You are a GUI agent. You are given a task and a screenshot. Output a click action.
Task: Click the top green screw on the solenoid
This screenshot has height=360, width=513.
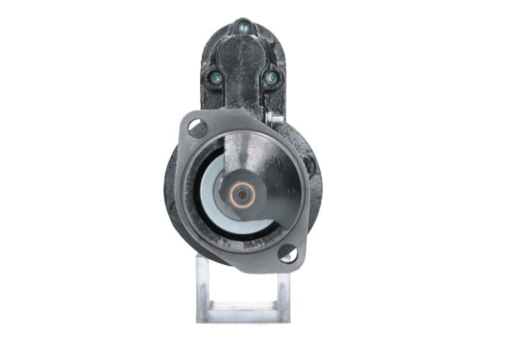[243, 27]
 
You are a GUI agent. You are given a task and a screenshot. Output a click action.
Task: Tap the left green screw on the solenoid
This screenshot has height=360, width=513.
[215, 78]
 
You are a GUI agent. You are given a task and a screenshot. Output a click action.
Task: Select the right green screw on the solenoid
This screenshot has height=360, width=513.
[271, 78]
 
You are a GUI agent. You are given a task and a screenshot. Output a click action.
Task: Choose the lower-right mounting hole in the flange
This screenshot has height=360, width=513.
[288, 253]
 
